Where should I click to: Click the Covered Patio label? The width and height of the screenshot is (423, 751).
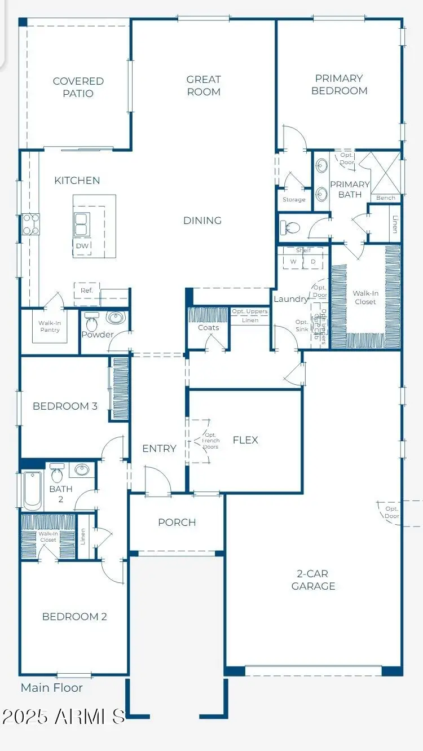click(78, 87)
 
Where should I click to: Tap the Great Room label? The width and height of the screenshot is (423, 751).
click(204, 86)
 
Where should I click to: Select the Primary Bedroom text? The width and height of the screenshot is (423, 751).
click(339, 85)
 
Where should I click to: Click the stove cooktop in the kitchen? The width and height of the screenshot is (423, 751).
click(30, 224)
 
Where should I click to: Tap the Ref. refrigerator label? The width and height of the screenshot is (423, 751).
click(86, 291)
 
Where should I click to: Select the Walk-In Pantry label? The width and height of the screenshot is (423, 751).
click(50, 326)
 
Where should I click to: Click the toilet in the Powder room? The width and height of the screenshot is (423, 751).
click(92, 322)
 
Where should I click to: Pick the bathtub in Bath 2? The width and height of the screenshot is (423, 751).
click(33, 490)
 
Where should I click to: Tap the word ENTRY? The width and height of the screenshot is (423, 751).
click(159, 449)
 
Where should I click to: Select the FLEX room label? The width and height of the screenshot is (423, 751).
click(245, 440)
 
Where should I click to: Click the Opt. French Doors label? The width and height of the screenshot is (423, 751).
click(210, 441)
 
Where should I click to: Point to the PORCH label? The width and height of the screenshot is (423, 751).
click(177, 522)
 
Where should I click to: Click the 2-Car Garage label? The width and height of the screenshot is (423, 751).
click(313, 580)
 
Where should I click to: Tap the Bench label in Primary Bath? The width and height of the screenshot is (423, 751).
click(386, 198)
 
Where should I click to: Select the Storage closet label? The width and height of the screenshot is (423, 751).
click(294, 200)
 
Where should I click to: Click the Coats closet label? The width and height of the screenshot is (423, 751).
click(208, 328)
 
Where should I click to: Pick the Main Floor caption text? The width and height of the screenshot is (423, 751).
click(52, 688)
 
